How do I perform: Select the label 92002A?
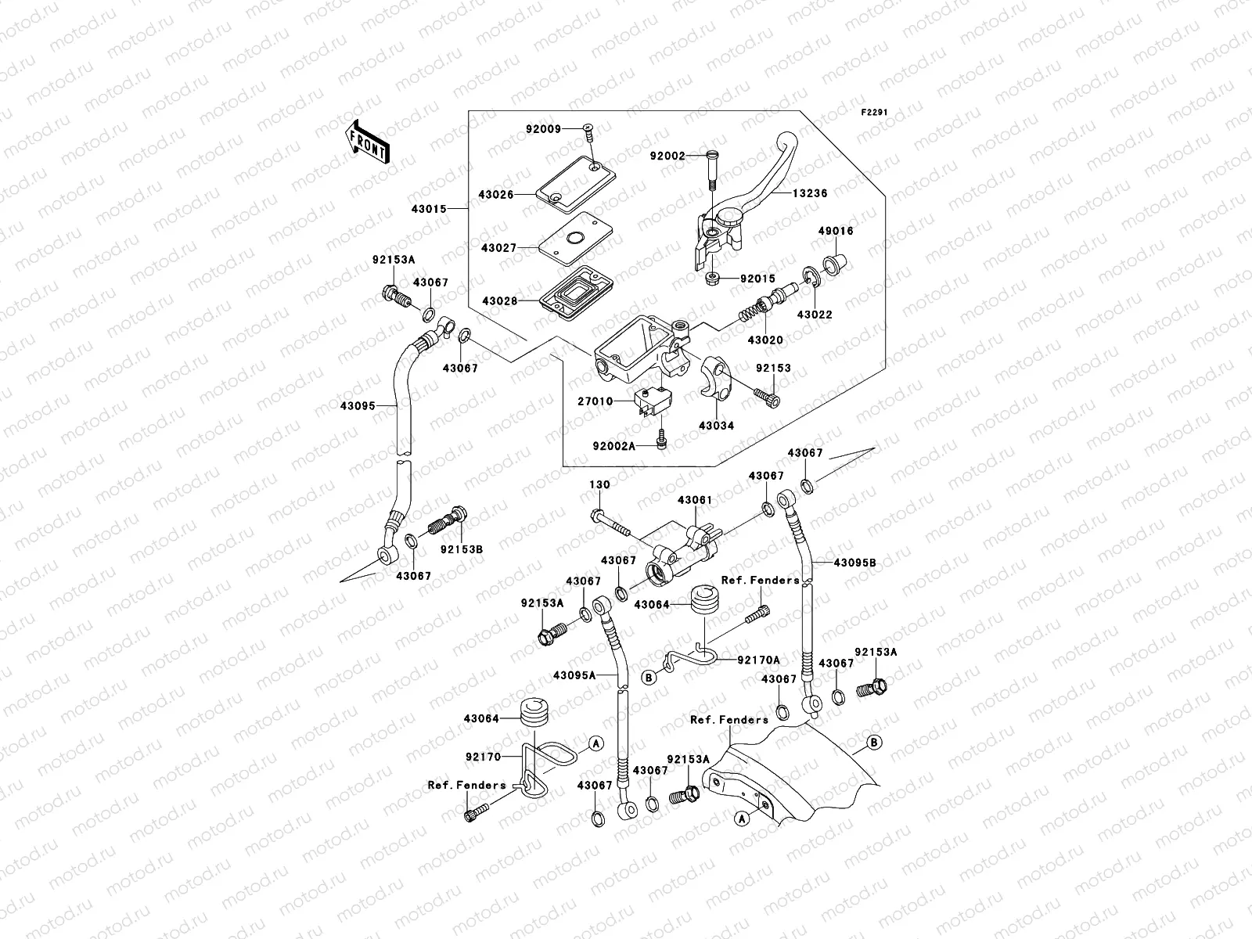click(613, 445)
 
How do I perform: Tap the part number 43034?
click(717, 426)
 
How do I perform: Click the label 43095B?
click(854, 563)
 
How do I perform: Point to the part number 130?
click(599, 485)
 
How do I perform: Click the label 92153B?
click(461, 549)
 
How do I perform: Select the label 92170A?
click(758, 660)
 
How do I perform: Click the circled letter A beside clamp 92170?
click(595, 743)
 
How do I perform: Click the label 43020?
click(765, 340)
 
